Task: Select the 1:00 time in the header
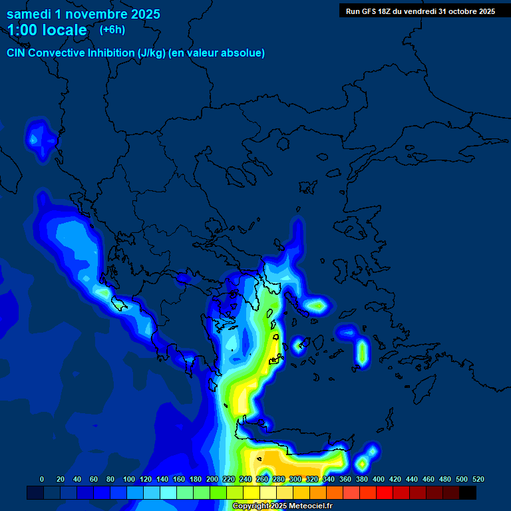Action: pos(23,30)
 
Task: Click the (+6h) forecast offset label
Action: pos(112,30)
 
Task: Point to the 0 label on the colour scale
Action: pos(42,479)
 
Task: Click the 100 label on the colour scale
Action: pos(129,479)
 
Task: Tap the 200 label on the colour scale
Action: pos(212,479)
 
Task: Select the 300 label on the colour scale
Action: pos(295,479)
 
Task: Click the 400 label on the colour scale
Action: pos(379,479)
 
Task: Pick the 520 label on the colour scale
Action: pos(478,479)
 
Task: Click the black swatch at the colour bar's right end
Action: pos(468,493)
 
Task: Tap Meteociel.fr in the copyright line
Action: pos(311,506)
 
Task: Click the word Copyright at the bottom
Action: pos(250,506)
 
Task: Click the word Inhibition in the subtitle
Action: pos(110,53)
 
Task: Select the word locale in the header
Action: pos(65,30)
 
